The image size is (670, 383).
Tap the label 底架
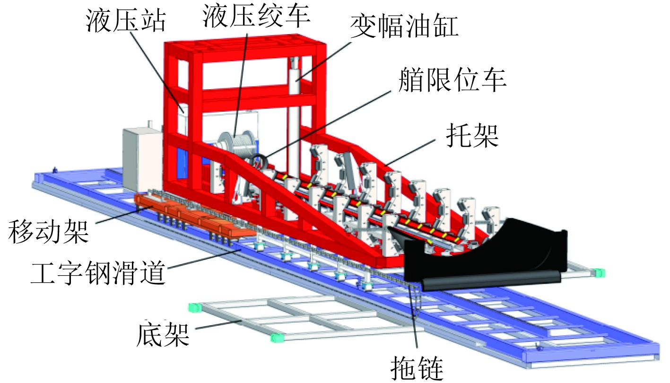pos(164,335)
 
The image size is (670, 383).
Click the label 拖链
pos(418,366)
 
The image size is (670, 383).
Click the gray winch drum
pos(240,142)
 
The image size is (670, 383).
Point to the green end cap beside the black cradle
pos(599,272)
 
